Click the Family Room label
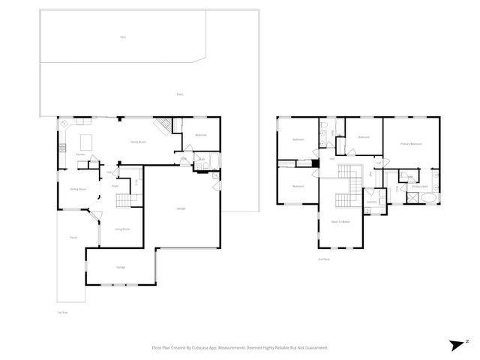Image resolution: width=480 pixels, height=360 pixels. (x=137, y=142)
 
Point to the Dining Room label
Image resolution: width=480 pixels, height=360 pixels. (x=78, y=190)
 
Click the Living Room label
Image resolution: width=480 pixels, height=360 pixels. (x=123, y=229)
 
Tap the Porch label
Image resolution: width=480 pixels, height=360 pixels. (x=73, y=238)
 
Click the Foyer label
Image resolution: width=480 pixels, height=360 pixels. (x=115, y=185)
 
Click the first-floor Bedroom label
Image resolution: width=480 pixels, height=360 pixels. (x=201, y=135)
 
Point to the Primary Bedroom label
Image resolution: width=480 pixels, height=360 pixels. (x=410, y=143)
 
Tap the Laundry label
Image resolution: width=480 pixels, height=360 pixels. (x=370, y=201)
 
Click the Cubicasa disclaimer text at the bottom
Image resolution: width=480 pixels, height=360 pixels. (x=240, y=348)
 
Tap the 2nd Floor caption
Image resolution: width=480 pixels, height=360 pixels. (x=324, y=259)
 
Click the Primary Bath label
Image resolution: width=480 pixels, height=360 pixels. (x=420, y=186)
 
